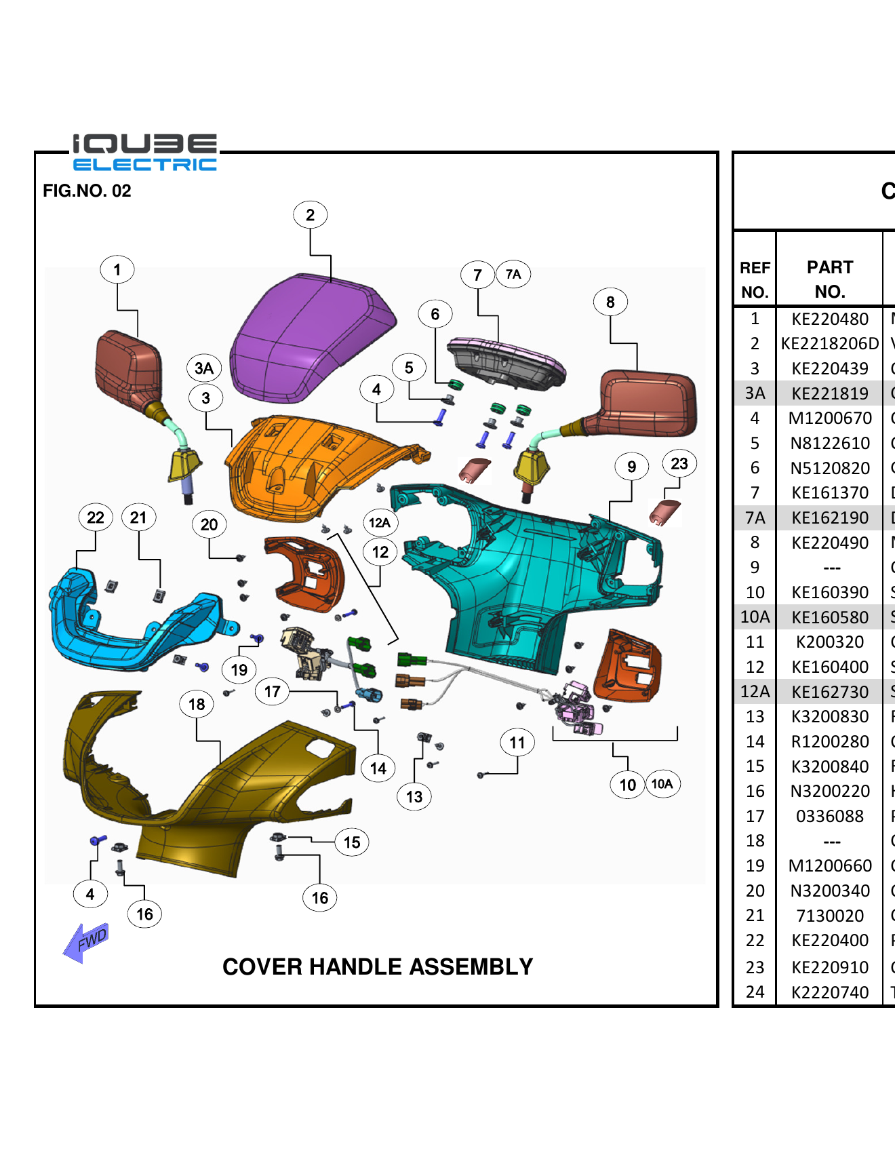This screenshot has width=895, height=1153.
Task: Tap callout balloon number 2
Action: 310,215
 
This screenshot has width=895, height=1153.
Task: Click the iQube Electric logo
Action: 145,152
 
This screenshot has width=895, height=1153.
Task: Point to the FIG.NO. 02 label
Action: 87,191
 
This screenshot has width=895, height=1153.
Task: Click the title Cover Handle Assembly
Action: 378,966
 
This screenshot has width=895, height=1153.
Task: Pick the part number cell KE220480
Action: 829,319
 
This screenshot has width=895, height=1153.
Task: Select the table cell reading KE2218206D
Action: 829,344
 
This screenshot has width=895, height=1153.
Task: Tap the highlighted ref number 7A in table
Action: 755,518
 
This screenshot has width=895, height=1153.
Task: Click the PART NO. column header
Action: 829,279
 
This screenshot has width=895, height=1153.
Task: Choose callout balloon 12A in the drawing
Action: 380,522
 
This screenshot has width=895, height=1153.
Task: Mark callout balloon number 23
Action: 679,464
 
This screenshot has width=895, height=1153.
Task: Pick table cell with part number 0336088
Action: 829,816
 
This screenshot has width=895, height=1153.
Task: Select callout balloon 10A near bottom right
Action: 662,784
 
